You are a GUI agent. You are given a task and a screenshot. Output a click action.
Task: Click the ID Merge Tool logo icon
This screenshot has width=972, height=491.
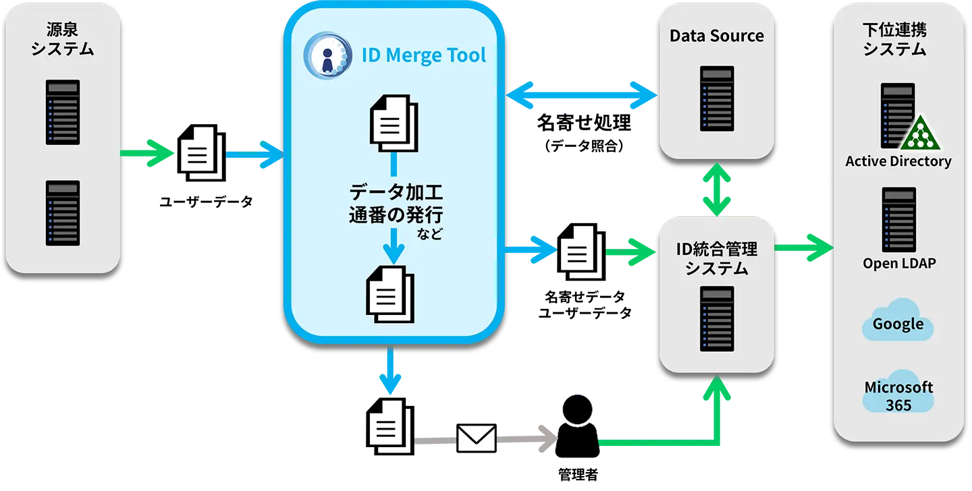[x=327, y=55]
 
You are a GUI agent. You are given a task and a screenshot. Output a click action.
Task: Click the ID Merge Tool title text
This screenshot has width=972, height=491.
[x=423, y=55]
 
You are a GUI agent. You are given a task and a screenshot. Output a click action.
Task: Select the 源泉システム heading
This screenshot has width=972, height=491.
[x=62, y=39]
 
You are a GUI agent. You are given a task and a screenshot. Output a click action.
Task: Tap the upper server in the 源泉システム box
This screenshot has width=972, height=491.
[x=63, y=112]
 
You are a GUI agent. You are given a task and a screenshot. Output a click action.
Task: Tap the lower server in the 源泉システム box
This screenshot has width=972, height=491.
[x=63, y=212]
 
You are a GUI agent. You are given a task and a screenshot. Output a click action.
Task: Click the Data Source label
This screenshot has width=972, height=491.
[x=716, y=36]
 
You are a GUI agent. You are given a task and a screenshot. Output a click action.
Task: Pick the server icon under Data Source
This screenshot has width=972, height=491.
[x=717, y=98]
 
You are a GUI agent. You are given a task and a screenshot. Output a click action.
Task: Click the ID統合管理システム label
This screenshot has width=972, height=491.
[x=717, y=258]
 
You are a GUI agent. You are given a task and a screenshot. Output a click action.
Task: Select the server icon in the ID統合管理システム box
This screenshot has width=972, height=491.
[x=717, y=318]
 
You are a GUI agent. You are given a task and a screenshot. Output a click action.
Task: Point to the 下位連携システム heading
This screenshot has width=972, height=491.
[x=894, y=39]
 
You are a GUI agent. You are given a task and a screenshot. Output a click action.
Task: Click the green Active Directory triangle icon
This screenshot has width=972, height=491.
[x=919, y=134]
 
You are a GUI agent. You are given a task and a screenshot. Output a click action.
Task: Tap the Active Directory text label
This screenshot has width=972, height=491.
[x=898, y=161]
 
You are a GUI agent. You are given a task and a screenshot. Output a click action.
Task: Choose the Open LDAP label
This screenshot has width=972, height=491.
[x=899, y=263]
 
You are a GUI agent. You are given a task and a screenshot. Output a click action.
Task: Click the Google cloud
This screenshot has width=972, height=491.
[x=898, y=324]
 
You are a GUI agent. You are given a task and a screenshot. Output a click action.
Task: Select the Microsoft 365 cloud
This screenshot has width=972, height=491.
[x=898, y=395]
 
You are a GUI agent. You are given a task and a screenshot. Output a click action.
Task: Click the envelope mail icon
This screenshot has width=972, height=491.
[x=477, y=438]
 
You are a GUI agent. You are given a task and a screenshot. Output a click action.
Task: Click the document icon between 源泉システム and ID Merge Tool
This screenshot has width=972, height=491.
[x=200, y=153]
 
